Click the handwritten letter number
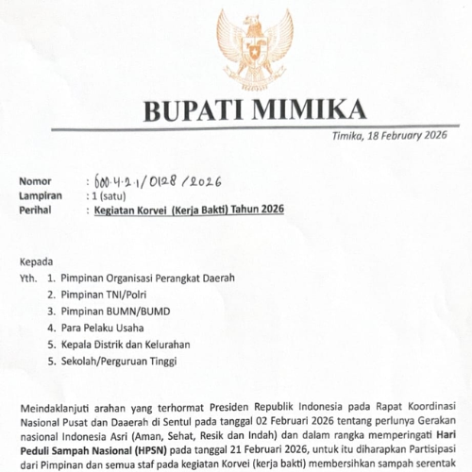coord(156,181)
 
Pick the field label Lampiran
coord(41,195)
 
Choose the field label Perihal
coord(37,210)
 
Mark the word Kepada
coord(37,261)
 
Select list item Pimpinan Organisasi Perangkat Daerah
coord(146,278)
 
